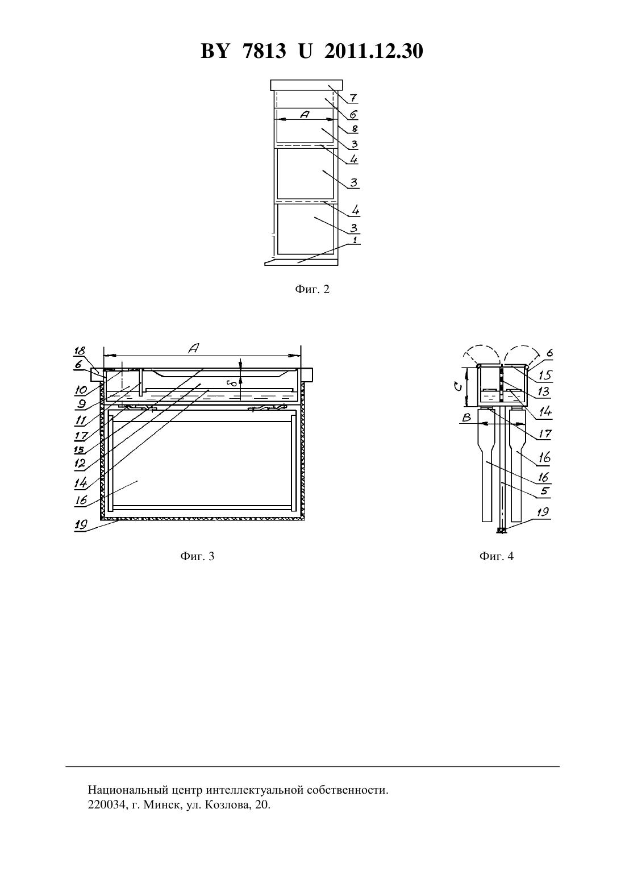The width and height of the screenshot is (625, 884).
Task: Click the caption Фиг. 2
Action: (312, 289)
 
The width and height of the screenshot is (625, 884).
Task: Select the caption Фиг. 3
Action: (197, 556)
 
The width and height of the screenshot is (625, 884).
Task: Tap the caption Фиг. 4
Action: (497, 556)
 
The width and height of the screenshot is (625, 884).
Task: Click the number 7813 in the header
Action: (264, 51)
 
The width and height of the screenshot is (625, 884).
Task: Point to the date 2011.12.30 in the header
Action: (374, 51)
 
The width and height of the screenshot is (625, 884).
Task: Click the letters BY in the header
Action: (215, 51)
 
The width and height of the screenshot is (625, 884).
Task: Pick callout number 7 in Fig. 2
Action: (353, 98)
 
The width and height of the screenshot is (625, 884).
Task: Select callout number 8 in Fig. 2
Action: (355, 128)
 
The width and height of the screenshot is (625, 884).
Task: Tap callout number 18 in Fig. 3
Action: (80, 351)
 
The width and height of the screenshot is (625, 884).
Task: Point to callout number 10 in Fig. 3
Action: (81, 390)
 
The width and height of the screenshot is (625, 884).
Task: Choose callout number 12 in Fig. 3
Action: (80, 463)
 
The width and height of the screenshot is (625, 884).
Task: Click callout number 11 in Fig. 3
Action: (81, 420)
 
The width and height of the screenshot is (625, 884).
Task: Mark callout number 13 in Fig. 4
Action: (544, 391)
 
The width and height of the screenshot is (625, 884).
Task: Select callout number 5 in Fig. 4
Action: (545, 491)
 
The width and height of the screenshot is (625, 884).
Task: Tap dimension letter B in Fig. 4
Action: (466, 418)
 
